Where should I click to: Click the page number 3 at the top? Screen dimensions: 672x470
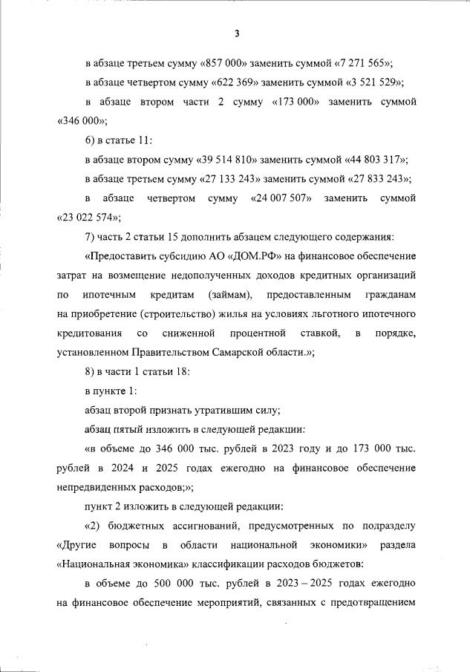[236, 33]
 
